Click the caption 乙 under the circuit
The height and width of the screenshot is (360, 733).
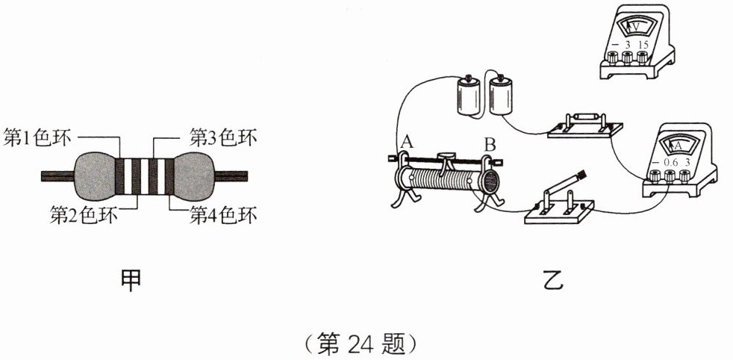coord(553,281)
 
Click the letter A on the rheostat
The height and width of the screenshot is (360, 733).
coord(406,141)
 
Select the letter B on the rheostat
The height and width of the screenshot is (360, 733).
coord(490,143)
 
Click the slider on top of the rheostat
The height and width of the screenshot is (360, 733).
coord(446,157)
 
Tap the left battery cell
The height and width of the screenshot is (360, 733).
coord(469,98)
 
